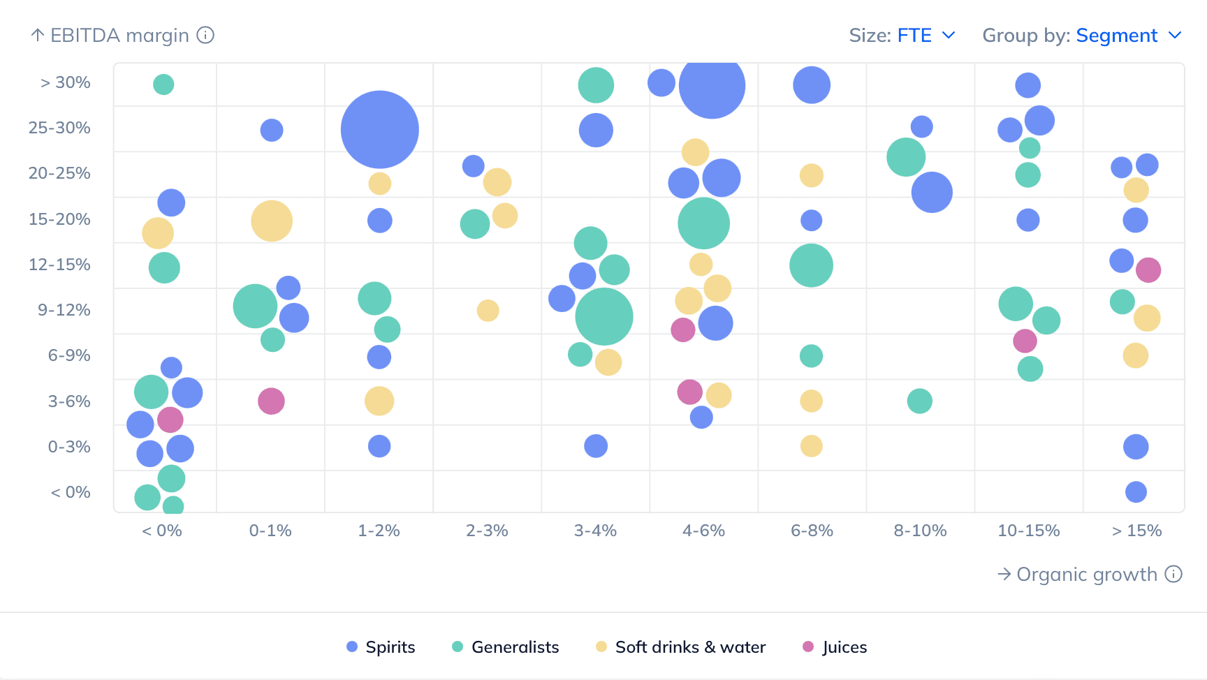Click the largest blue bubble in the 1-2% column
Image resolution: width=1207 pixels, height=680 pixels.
pyautogui.click(x=379, y=130)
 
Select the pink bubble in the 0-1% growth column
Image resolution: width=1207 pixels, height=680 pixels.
pyautogui.click(x=271, y=401)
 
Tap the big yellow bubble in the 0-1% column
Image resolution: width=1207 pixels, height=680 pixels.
pyautogui.click(x=271, y=221)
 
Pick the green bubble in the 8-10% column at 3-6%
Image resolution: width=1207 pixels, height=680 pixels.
pyautogui.click(x=919, y=401)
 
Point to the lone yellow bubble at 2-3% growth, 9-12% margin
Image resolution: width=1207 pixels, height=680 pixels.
pyautogui.click(x=488, y=310)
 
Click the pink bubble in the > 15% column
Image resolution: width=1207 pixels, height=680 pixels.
pyautogui.click(x=1148, y=269)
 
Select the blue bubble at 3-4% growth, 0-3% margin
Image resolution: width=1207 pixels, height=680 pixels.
pyautogui.click(x=596, y=445)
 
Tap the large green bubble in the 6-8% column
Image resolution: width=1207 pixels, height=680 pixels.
pyautogui.click(x=811, y=265)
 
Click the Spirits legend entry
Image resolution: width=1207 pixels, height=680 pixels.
pyautogui.click(x=381, y=647)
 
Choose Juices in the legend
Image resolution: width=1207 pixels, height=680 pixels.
pyautogui.click(x=835, y=647)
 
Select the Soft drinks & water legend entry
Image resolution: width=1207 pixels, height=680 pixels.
pyautogui.click(x=680, y=647)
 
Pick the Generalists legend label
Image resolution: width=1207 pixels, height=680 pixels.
pyautogui.click(x=506, y=647)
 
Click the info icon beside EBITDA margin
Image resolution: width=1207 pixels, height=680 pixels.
pyautogui.click(x=205, y=35)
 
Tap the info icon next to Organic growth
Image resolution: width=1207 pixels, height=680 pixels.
pyautogui.click(x=1173, y=574)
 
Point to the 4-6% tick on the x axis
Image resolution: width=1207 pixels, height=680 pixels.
pyautogui.click(x=703, y=531)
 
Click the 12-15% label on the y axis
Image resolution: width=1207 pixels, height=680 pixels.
pyautogui.click(x=59, y=265)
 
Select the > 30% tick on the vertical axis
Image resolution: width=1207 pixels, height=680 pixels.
pyautogui.click(x=65, y=82)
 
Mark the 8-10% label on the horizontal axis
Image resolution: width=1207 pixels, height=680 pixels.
pyautogui.click(x=920, y=531)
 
